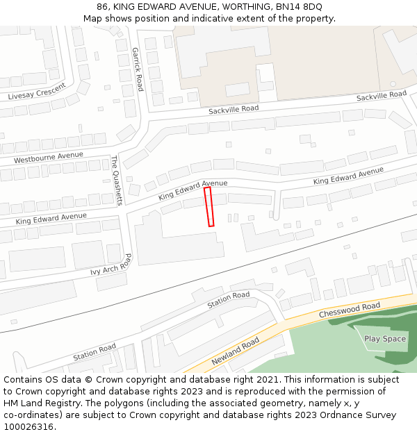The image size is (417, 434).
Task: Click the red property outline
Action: pos(208,207)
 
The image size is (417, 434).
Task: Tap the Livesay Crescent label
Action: pos(37,92)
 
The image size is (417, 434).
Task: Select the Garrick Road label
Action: pos(138,69)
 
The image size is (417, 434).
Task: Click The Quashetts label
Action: pos(116,180)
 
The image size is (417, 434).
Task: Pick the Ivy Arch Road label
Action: pos(111,265)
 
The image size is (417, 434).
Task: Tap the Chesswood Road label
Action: pos(350,310)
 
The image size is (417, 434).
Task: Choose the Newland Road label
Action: pos(236,351)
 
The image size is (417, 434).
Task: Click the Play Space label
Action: pos(385,339)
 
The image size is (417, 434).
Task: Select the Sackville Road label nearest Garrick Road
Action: pos(234,109)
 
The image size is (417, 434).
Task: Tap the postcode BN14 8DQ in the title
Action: pos(298,7)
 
